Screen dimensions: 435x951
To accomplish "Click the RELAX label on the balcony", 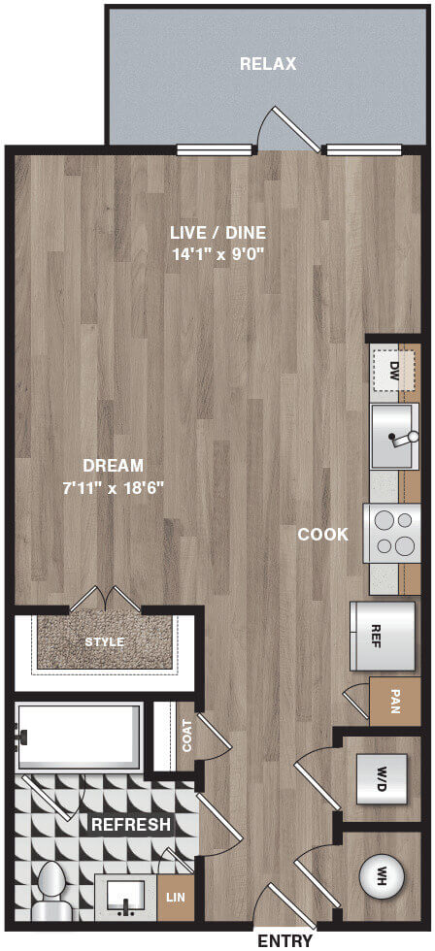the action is click(x=268, y=64).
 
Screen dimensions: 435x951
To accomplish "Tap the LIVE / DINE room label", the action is click(x=217, y=233).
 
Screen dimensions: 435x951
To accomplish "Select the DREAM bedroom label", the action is click(x=114, y=466).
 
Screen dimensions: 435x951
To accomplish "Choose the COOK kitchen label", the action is click(x=323, y=535).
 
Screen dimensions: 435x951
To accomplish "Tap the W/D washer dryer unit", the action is click(x=382, y=778).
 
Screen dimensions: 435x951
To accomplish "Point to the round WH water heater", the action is click(x=383, y=875).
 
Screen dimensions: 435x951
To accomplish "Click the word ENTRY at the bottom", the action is click(x=285, y=941).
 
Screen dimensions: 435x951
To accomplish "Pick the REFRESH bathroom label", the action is click(x=130, y=825).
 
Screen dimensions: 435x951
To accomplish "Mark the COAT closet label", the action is click(x=186, y=736).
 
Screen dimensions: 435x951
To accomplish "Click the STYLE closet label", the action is click(x=104, y=641).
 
